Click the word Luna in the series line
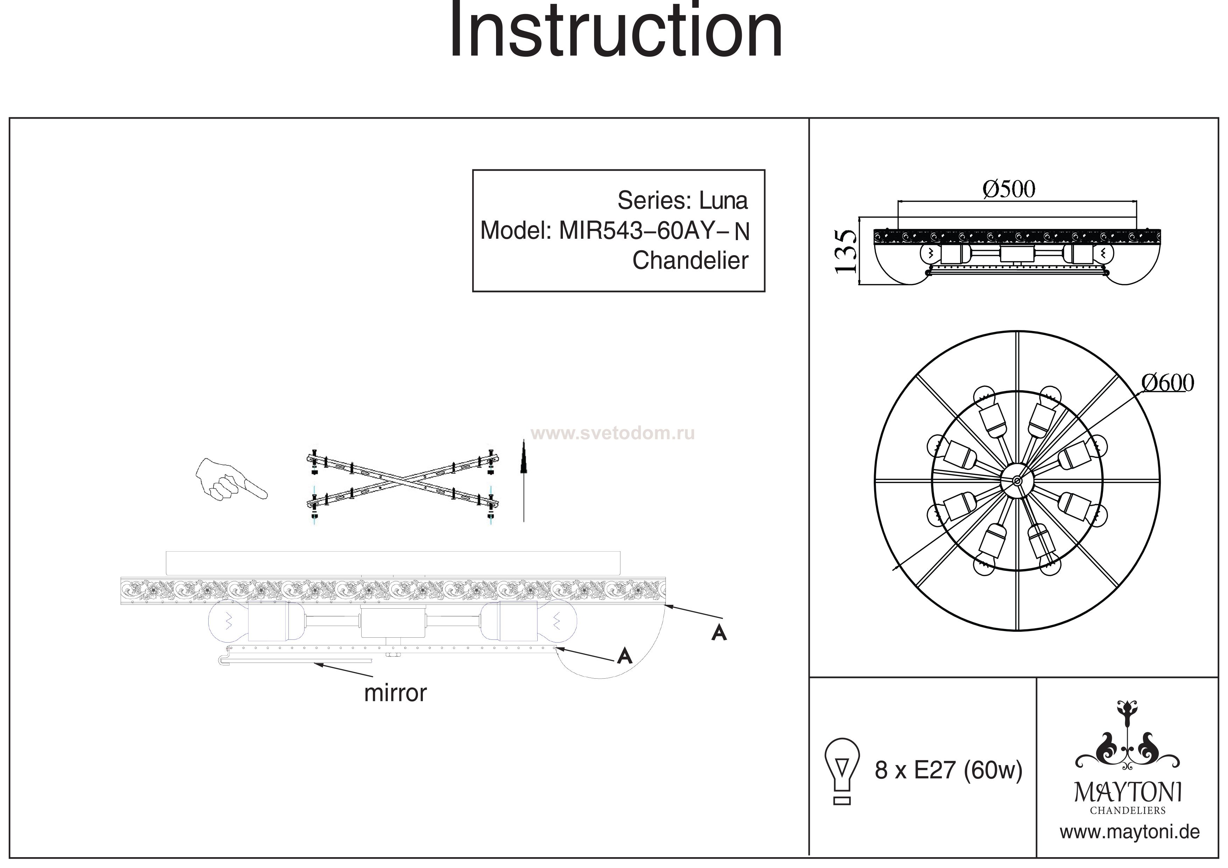point(723,201)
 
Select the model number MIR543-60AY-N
point(654,231)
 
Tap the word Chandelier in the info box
point(690,261)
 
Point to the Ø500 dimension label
point(1009,189)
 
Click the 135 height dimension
point(846,251)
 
